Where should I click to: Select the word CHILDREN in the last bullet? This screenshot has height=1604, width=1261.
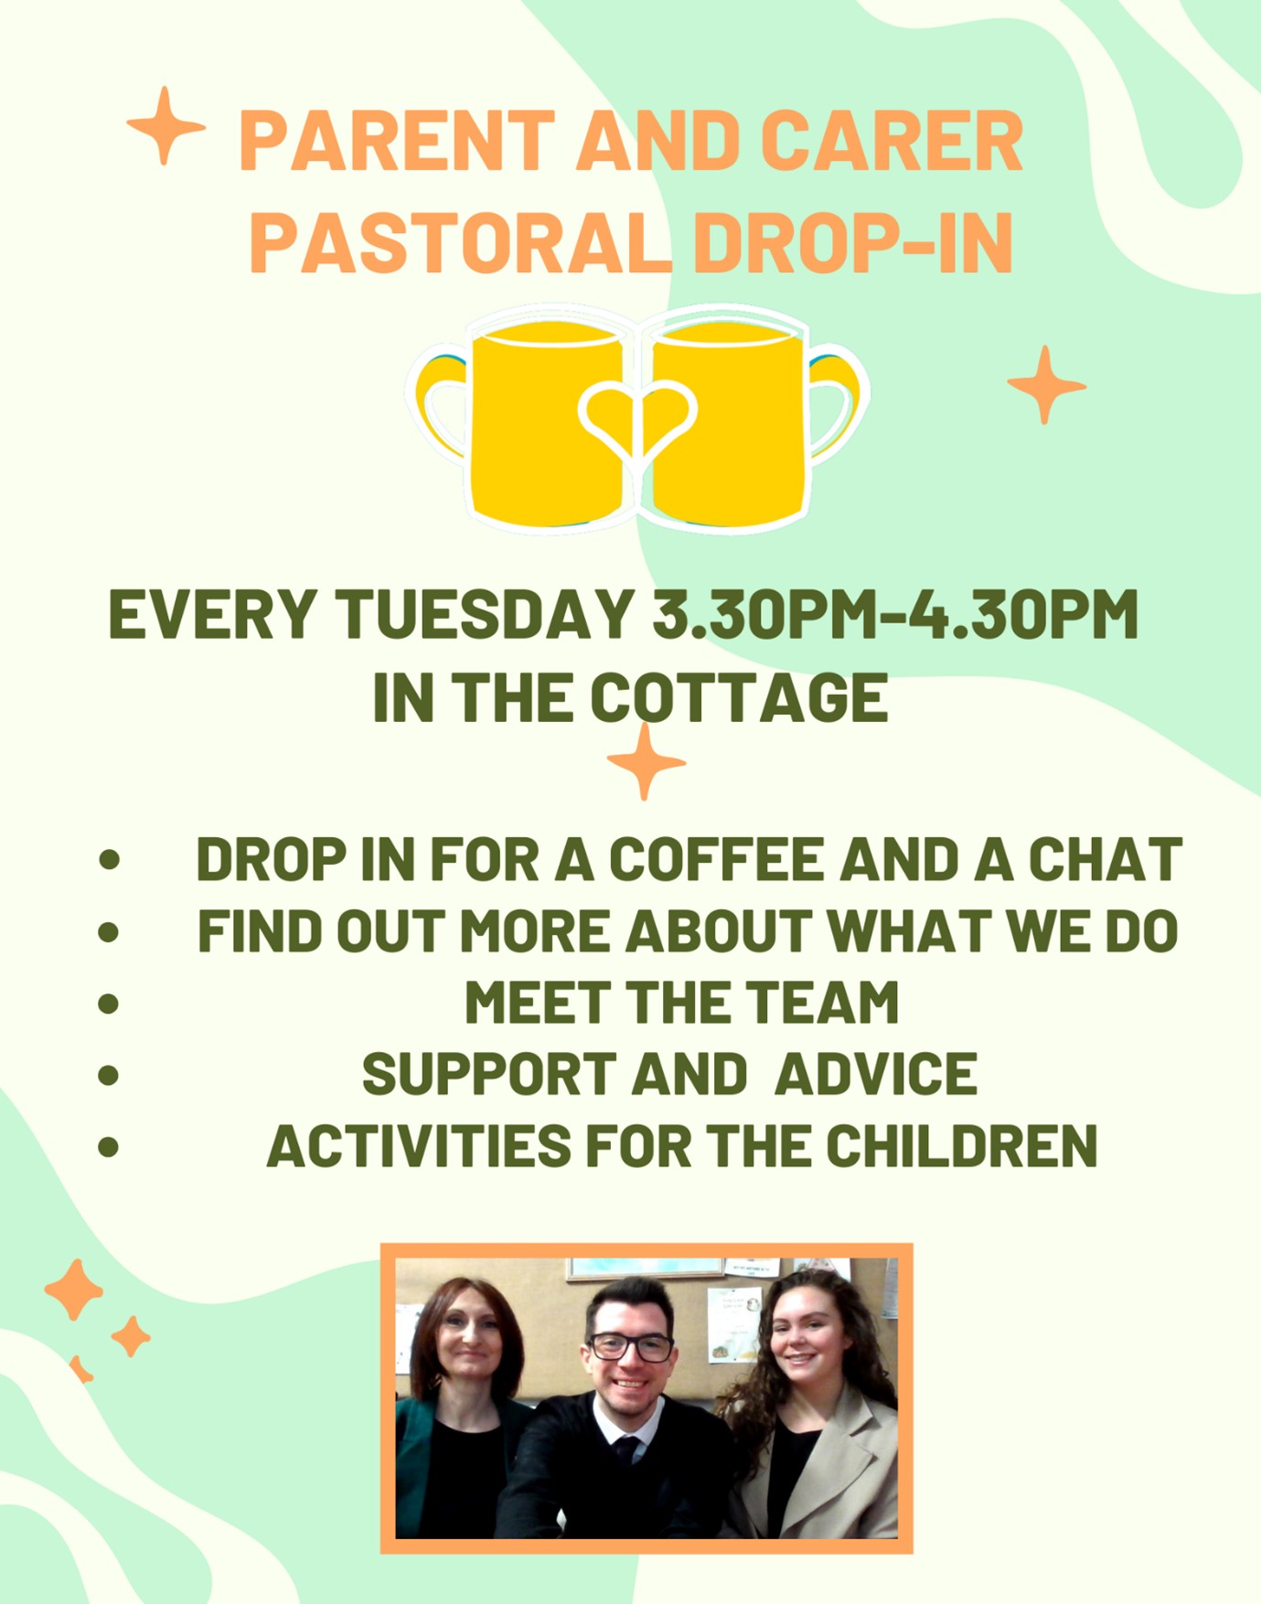click(x=962, y=1145)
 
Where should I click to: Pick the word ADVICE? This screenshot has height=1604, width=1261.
click(x=876, y=1074)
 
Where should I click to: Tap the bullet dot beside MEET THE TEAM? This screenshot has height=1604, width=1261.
click(x=109, y=1004)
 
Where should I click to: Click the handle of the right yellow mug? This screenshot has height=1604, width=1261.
click(x=838, y=402)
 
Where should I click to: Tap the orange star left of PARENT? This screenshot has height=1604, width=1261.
click(x=166, y=126)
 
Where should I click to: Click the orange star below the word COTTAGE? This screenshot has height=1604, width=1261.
click(x=646, y=761)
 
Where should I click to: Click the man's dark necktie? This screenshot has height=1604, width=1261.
click(x=627, y=1449)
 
